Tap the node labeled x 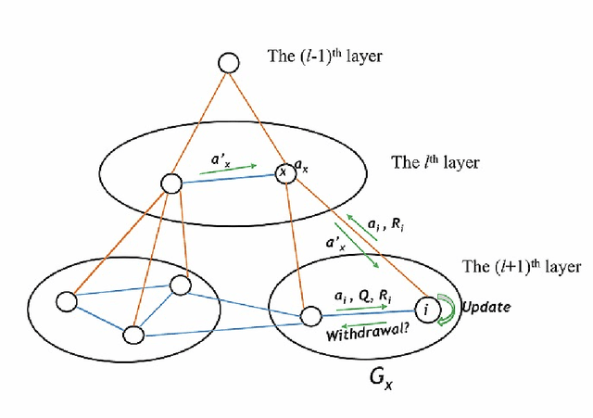[284, 173]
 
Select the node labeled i [424, 308]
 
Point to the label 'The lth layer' [435, 162]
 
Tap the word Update [485, 306]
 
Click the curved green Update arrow [446, 309]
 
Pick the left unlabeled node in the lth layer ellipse [170, 184]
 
